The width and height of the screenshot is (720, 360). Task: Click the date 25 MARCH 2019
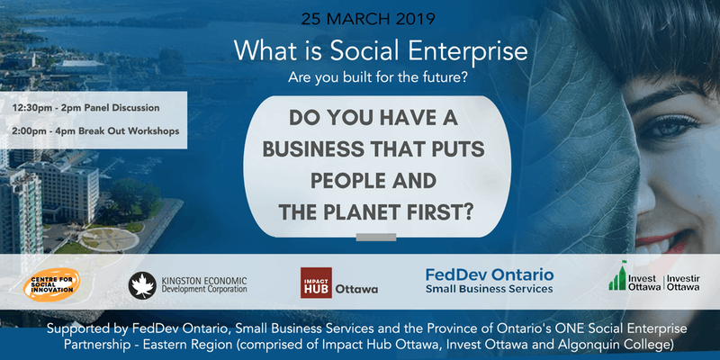pyautogui.click(x=368, y=19)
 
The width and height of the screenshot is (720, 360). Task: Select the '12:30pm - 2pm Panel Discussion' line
pyautogui.click(x=86, y=108)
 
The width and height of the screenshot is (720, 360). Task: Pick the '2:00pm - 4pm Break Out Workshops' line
pyautogui.click(x=96, y=130)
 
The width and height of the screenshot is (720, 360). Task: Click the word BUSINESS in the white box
pyautogui.click(x=313, y=149)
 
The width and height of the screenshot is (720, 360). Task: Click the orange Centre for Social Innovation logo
pyautogui.click(x=51, y=284)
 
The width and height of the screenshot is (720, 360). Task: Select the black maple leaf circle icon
pyautogui.click(x=142, y=285)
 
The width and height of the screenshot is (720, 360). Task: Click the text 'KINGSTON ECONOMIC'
pyautogui.click(x=204, y=280)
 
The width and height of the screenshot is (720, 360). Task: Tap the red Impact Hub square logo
pyautogui.click(x=317, y=283)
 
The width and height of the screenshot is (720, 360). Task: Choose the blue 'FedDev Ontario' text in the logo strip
pyautogui.click(x=490, y=275)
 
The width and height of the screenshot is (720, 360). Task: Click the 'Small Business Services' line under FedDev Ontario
pyautogui.click(x=489, y=289)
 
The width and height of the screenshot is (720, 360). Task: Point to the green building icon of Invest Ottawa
pyautogui.click(x=617, y=276)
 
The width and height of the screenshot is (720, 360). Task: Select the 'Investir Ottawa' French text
pyautogui.click(x=683, y=283)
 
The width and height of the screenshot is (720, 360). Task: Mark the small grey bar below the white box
pyautogui.click(x=376, y=237)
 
